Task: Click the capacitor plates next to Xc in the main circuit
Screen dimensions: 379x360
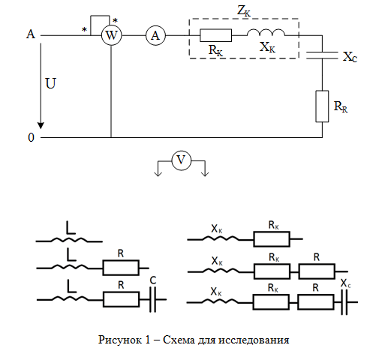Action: click(322, 55)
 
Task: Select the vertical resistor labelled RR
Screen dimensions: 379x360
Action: click(322, 106)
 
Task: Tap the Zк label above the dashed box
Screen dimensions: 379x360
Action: click(244, 11)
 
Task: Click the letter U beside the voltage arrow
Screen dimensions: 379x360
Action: click(50, 83)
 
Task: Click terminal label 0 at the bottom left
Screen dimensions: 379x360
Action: click(31, 137)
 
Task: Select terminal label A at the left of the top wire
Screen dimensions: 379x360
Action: click(31, 34)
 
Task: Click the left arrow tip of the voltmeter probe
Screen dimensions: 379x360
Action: click(158, 176)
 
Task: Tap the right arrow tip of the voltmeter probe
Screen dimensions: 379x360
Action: click(205, 176)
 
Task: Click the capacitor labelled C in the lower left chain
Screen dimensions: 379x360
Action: click(153, 299)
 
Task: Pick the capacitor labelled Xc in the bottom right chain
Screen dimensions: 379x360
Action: click(344, 302)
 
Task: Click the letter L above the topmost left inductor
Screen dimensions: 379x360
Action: click(71, 227)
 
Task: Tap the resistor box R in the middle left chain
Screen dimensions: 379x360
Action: click(121, 268)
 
